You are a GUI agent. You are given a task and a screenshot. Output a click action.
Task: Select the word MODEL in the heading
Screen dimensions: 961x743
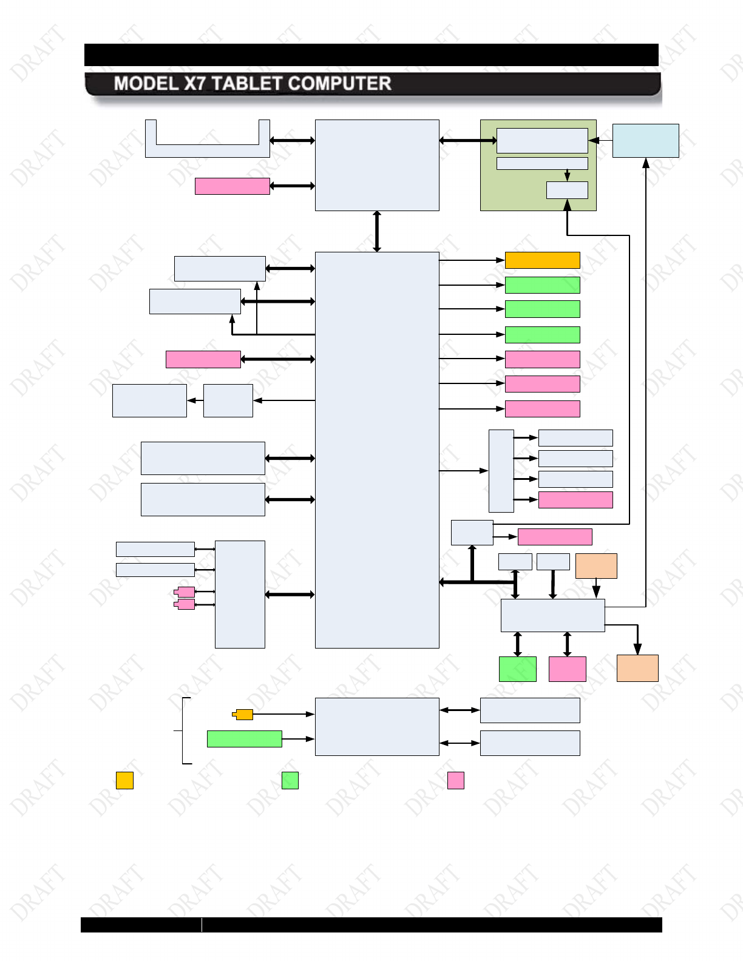(x=146, y=84)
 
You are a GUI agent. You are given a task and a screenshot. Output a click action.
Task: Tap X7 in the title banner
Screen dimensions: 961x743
(x=195, y=84)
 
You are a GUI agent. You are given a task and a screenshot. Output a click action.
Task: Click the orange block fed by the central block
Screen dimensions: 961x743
(x=542, y=260)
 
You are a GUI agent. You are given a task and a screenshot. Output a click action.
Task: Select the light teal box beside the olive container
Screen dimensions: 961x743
(x=645, y=141)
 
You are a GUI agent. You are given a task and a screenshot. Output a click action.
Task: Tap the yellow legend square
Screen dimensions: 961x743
(x=124, y=780)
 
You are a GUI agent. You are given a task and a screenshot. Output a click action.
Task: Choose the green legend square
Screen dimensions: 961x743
(x=290, y=780)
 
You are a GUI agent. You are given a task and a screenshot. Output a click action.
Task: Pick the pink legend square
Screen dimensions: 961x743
(x=455, y=780)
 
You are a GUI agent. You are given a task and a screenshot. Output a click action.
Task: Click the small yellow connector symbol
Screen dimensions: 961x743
(x=243, y=715)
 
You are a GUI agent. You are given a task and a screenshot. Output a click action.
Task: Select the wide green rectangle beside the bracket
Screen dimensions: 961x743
(x=244, y=739)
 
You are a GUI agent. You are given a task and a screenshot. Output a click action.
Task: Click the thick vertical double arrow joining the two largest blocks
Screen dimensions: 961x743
(x=377, y=231)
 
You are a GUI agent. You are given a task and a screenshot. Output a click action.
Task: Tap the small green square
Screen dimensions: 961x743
(x=517, y=669)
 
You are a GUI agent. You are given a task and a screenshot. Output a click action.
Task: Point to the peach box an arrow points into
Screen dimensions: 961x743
(x=637, y=668)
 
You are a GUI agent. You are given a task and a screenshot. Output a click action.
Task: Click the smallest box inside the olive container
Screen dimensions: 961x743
(x=567, y=190)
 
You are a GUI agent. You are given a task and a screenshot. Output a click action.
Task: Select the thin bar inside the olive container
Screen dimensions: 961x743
(x=542, y=163)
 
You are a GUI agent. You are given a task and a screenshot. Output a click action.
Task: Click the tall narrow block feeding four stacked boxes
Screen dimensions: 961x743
(x=501, y=471)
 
